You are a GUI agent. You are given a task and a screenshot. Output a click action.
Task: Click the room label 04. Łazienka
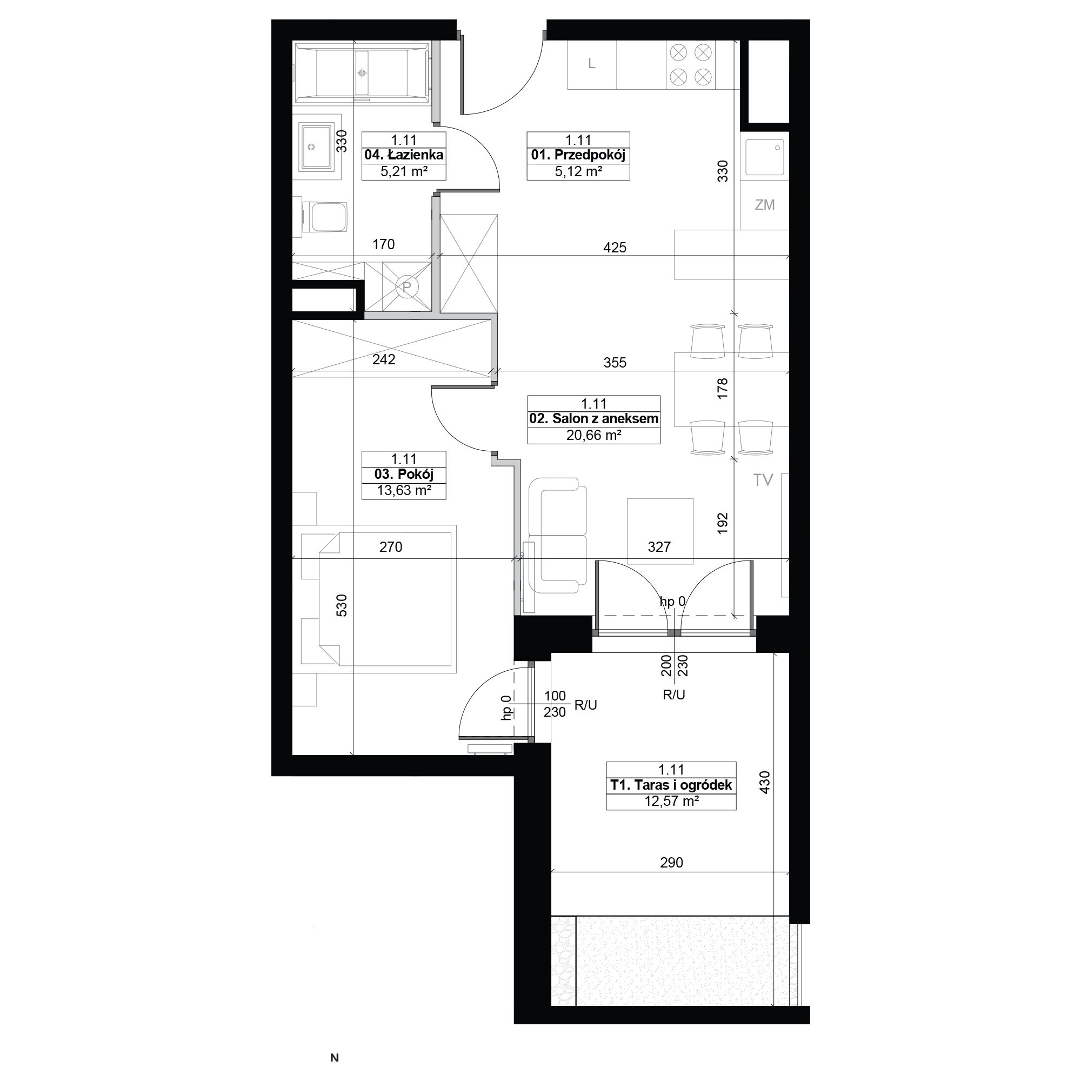(403, 155)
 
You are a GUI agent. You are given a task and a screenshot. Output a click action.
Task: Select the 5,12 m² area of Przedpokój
(578, 172)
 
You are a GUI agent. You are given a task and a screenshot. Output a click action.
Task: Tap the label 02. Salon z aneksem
(593, 418)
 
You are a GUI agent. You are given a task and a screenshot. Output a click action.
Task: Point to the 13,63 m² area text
(403, 491)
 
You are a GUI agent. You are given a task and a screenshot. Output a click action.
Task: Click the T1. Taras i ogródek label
(671, 785)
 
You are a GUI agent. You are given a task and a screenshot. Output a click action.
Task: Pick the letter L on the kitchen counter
(591, 64)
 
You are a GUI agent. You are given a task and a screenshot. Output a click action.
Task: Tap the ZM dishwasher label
(764, 205)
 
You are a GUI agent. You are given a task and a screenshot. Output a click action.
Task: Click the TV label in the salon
(763, 479)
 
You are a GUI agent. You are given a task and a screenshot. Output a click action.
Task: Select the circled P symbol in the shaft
(407, 287)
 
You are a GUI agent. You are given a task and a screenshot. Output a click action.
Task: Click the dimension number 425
(615, 248)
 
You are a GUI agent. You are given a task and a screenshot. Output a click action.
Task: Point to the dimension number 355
(615, 363)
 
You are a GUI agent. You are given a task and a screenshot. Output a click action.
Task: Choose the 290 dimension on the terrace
(671, 862)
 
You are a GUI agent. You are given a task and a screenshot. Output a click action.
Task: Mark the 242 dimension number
(384, 359)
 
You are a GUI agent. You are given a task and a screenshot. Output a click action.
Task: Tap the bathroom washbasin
(317, 146)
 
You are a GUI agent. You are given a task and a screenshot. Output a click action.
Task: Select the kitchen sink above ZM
(764, 157)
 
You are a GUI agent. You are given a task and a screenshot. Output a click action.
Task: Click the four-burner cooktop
(690, 65)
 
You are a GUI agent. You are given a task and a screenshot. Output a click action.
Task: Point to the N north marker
(335, 1058)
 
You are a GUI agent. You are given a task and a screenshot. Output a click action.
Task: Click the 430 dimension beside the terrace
(765, 782)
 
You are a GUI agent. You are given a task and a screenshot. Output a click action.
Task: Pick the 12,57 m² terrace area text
(671, 801)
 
